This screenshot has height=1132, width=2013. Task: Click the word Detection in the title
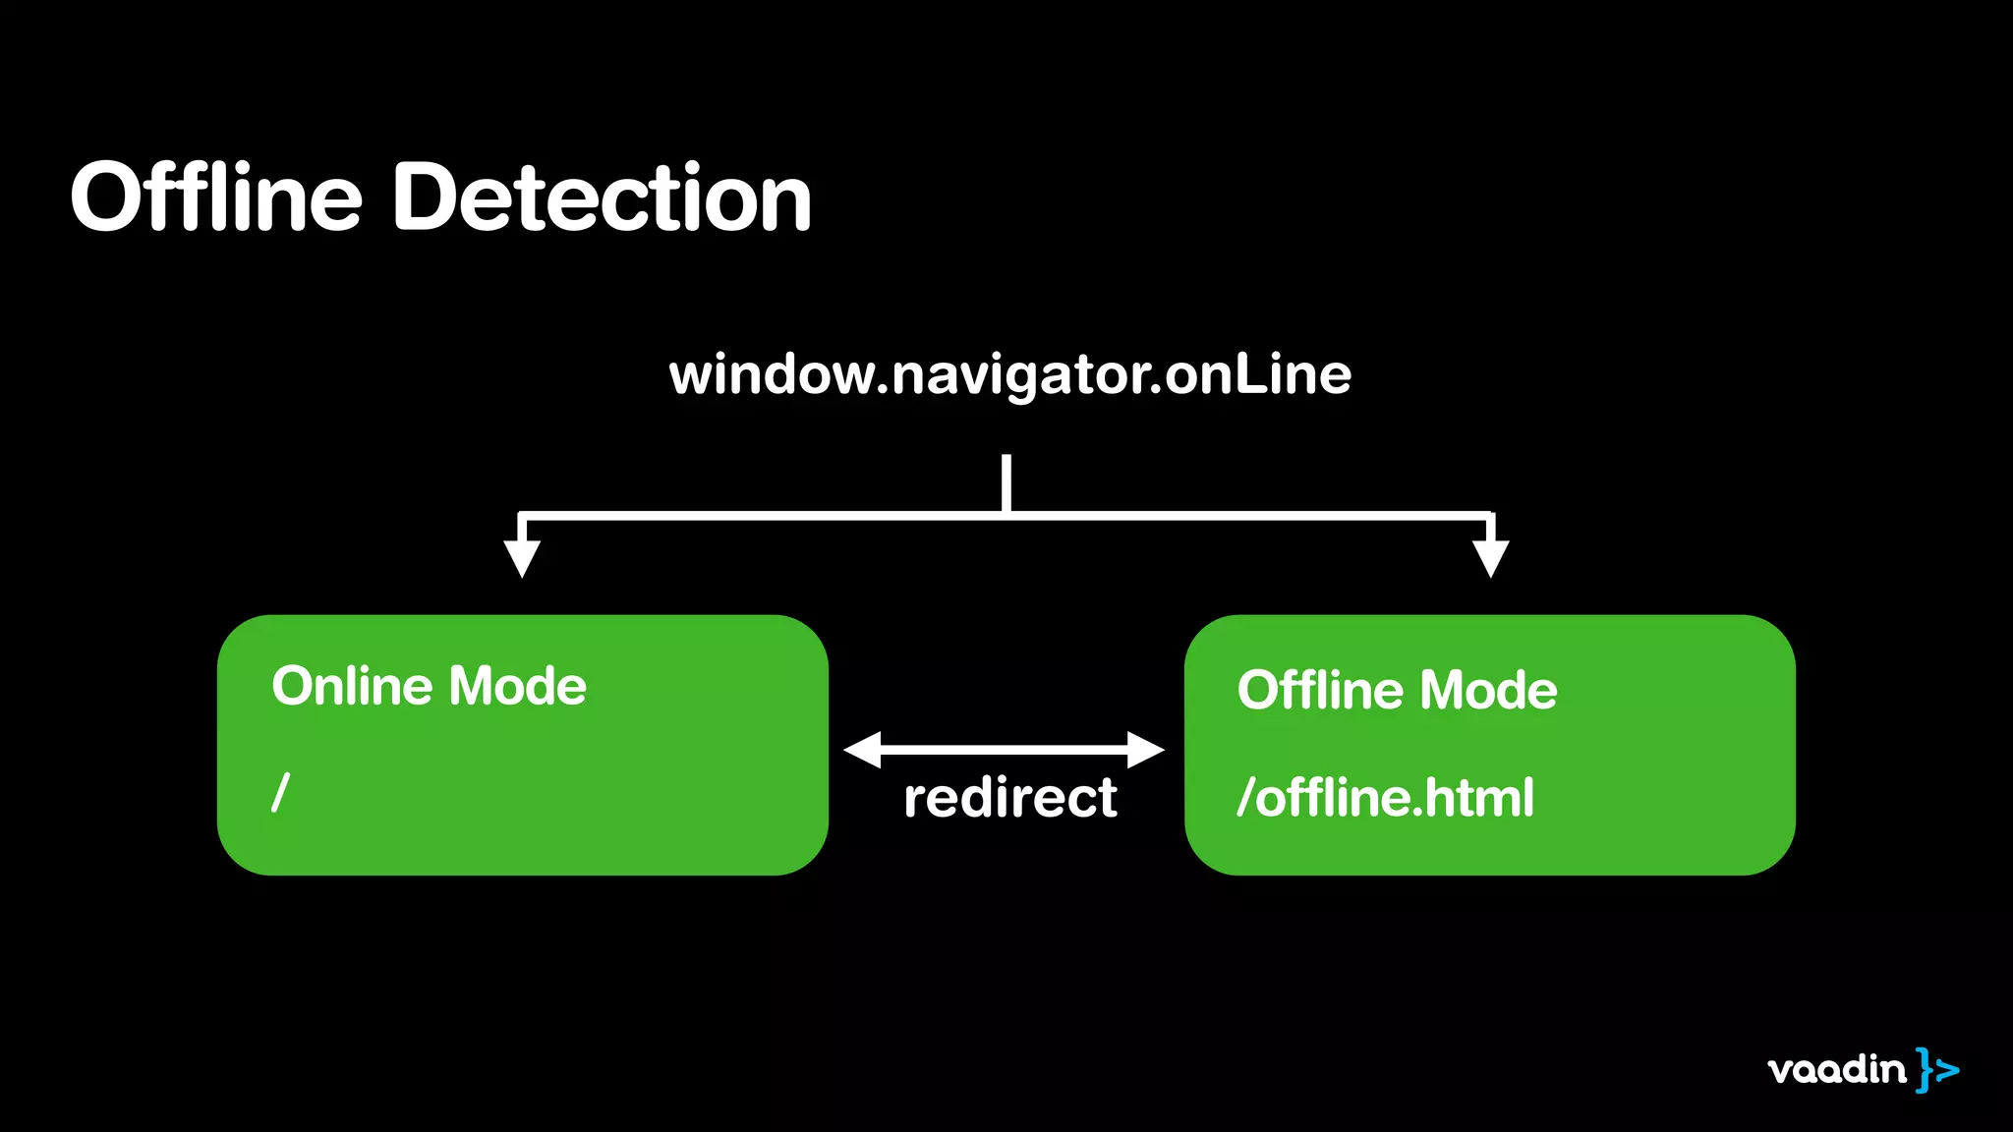pos(602,198)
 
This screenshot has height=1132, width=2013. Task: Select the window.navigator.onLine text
pos(1009,375)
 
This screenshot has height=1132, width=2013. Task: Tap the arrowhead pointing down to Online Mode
pos(522,558)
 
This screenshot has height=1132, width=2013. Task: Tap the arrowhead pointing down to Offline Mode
pos(1490,558)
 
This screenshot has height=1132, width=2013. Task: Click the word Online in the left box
pos(352,686)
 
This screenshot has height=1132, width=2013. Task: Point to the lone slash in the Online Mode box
pos(281,792)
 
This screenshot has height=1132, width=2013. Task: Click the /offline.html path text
pos(1385,797)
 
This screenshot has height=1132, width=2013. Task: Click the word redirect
pos(1009,797)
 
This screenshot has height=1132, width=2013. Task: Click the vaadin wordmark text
pos(1836,1069)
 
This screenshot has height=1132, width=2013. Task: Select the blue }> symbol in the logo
pos(1937,1069)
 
